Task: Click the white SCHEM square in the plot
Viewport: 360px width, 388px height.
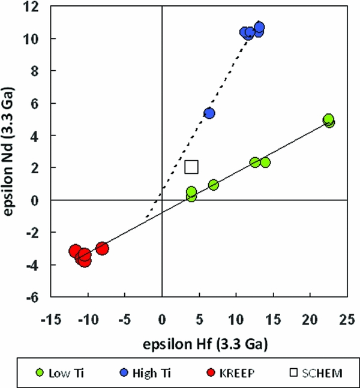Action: (x=191, y=167)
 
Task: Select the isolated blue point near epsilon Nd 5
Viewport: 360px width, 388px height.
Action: (x=209, y=113)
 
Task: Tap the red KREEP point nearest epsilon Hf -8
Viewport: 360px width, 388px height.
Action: (x=102, y=248)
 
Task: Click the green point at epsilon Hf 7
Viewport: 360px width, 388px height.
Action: (x=213, y=185)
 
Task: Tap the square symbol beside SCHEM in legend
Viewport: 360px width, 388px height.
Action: (x=294, y=373)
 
